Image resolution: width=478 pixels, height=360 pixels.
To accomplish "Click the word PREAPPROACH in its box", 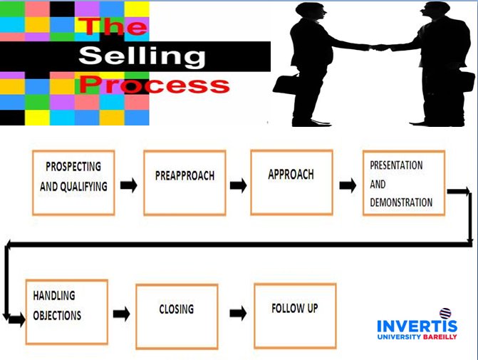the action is point(185,176).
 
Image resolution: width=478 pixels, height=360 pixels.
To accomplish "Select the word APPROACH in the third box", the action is point(291,175).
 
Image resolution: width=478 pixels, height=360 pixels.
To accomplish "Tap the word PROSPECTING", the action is point(73,167).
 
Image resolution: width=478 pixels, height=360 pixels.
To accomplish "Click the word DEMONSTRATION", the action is point(401,202).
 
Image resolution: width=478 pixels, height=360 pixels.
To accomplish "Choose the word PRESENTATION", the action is point(396,165).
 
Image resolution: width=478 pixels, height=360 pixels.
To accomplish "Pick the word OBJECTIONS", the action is point(57,316).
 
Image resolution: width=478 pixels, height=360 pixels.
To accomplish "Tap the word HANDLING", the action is point(54,295).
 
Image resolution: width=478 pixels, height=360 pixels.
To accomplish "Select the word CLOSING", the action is point(177,309).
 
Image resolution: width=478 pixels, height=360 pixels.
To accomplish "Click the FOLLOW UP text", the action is point(295,308).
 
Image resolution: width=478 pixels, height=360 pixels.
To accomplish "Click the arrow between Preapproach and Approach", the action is point(239,185).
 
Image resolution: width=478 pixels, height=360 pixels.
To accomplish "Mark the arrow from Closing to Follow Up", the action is point(238,313).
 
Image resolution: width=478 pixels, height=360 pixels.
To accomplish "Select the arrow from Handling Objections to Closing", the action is point(121,314).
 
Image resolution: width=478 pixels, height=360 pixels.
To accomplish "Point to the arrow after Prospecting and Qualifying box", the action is point(129,185).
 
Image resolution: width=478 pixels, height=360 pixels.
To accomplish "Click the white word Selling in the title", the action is point(142,56).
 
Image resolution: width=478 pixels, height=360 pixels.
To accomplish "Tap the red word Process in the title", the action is point(155,85).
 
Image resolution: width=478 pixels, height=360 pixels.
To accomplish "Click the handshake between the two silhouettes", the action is point(379,48).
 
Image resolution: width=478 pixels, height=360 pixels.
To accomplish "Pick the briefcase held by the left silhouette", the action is point(286,84).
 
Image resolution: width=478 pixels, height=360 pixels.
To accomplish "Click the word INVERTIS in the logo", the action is point(417,326).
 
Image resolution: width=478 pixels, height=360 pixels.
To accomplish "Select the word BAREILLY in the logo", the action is point(440,336).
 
